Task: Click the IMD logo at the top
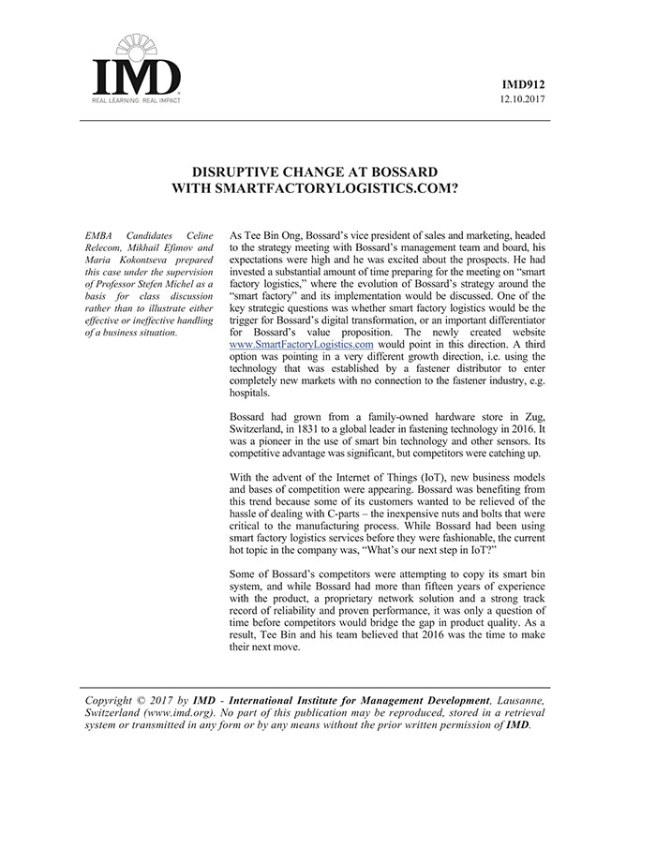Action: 136,71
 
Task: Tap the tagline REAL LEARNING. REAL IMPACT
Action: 136,99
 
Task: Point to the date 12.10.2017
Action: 524,99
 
